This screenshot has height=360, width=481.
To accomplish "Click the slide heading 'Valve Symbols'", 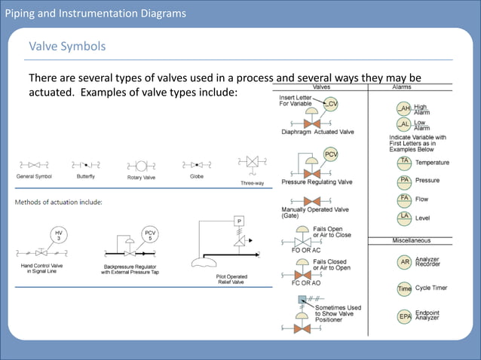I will tap(67, 47).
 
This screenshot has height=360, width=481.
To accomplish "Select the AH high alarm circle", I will tap(405, 108).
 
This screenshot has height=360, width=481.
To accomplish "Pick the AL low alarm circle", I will tap(405, 124).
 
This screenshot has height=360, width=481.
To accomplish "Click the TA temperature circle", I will tap(405, 162).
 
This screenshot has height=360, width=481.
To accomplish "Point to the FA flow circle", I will tap(405, 200).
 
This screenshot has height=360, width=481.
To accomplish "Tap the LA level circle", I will tap(405, 218).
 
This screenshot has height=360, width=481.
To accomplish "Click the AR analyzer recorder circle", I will tap(405, 262).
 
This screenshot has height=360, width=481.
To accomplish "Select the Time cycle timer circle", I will tap(405, 289).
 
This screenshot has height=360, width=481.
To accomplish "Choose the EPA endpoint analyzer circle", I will tap(405, 317).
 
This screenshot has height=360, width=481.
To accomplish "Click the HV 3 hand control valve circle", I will tap(59, 236).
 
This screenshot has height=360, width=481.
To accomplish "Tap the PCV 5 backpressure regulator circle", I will tap(150, 236).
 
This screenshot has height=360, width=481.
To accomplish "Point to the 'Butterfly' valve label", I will tap(85, 177).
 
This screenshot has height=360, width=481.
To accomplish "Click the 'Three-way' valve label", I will tap(252, 183).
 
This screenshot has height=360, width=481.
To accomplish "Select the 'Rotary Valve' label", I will tap(139, 177).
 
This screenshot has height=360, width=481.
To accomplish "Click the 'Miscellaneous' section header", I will tap(411, 240).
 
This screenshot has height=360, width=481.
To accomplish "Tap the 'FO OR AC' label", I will tap(306, 249).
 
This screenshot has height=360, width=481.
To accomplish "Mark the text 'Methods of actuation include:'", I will tap(60, 202).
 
